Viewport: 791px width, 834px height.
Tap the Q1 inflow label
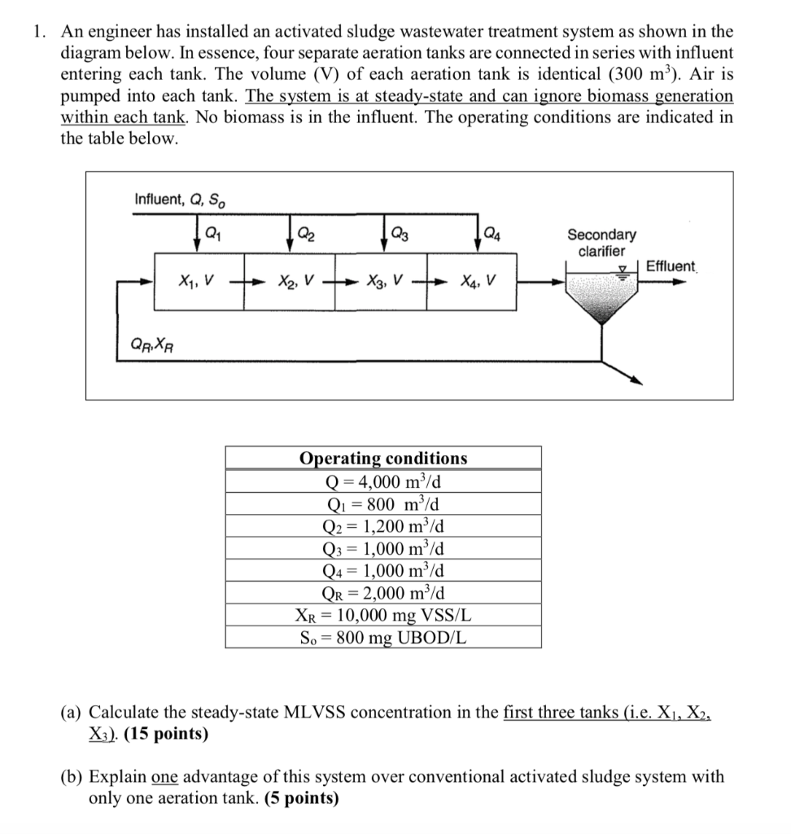pyautogui.click(x=211, y=230)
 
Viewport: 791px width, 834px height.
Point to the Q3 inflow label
pyautogui.click(x=400, y=230)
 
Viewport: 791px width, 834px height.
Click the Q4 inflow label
pyautogui.click(x=492, y=230)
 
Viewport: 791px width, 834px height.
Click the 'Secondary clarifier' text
pyautogui.click(x=601, y=243)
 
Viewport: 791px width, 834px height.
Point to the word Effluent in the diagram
pyautogui.click(x=671, y=266)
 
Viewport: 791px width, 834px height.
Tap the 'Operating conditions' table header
pyautogui.click(x=383, y=458)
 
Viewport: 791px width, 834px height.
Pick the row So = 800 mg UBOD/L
pyautogui.click(x=383, y=635)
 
